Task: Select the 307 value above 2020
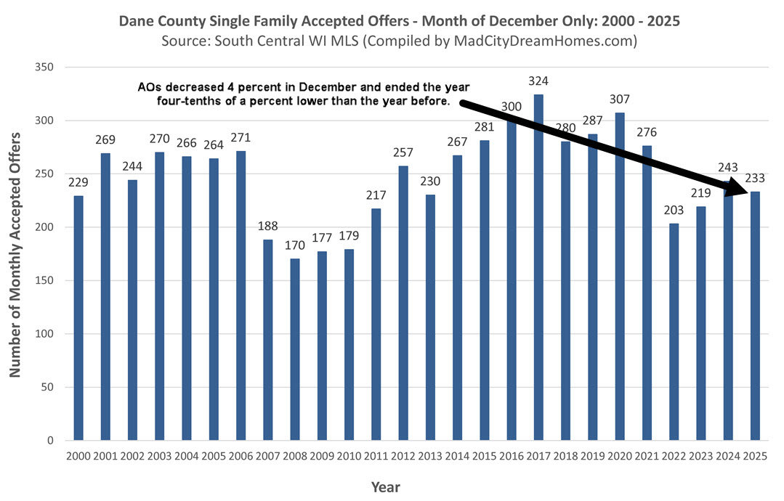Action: tap(620, 99)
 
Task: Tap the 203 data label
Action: tap(674, 209)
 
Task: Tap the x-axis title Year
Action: tap(385, 487)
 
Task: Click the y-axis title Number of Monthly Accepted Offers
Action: tap(15, 254)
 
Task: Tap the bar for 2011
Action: tap(376, 325)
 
